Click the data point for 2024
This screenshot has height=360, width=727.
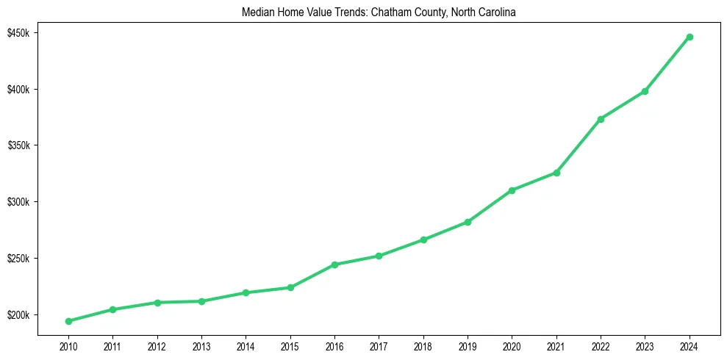coord(690,37)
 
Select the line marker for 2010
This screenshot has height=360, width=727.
coord(68,321)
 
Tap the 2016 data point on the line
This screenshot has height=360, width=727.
coord(334,264)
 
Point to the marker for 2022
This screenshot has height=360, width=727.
coord(601,119)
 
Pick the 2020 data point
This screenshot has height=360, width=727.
coord(512,190)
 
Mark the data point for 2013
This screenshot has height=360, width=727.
coord(201,301)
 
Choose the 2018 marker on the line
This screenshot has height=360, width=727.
coord(423,240)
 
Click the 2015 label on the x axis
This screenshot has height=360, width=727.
coord(290,345)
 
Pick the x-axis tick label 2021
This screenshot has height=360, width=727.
coord(556,345)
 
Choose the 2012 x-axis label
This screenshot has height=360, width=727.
coord(157,345)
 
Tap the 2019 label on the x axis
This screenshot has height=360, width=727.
coord(468,345)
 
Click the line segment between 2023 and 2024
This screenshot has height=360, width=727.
coord(667,64)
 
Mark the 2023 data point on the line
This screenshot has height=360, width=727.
coord(645,91)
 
